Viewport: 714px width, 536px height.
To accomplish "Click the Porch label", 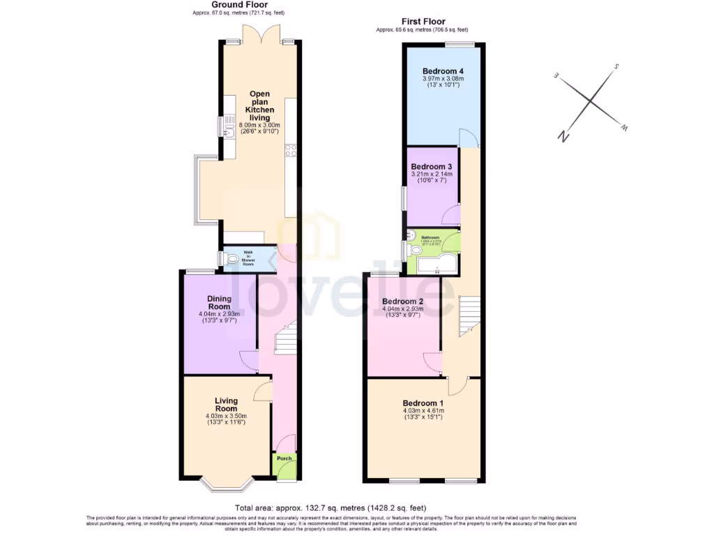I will [284, 459].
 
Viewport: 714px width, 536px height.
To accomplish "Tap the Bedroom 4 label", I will [443, 71].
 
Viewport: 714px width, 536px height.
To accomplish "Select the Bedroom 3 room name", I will [432, 167].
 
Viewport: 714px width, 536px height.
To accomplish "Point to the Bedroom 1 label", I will [423, 403].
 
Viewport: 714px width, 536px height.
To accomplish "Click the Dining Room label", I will [219, 303].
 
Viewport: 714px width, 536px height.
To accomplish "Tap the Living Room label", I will [226, 405].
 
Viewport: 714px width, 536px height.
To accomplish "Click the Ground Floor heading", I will [238, 5].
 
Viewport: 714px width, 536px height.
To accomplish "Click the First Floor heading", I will [423, 22].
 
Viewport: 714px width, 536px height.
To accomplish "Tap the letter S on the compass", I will [616, 68].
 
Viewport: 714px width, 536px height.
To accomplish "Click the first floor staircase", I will [469, 315].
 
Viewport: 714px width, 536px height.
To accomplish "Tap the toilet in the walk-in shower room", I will [230, 260].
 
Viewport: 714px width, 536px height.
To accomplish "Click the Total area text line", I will [331, 508].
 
